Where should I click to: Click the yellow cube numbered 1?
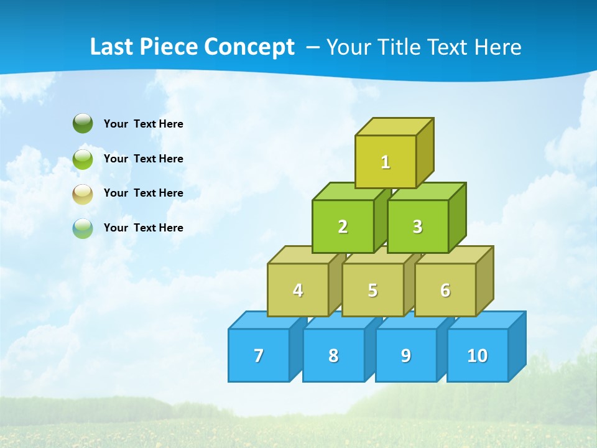[386, 162]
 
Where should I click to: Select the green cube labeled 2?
[343, 226]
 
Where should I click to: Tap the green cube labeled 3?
[417, 226]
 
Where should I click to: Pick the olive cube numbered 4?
[298, 290]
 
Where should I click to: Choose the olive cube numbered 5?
[373, 290]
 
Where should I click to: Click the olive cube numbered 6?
[445, 290]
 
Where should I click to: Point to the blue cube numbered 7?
[259, 355]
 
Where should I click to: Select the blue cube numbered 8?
[333, 355]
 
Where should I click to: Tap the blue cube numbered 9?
[405, 355]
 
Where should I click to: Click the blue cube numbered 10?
[477, 355]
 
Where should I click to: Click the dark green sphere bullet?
[83, 123]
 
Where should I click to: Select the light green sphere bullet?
[83, 159]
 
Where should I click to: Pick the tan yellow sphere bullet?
[83, 194]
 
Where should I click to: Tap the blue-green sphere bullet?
[83, 228]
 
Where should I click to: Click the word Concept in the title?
[249, 47]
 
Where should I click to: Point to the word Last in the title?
[111, 47]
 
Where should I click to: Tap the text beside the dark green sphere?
[144, 124]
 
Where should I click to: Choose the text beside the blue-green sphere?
[144, 228]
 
